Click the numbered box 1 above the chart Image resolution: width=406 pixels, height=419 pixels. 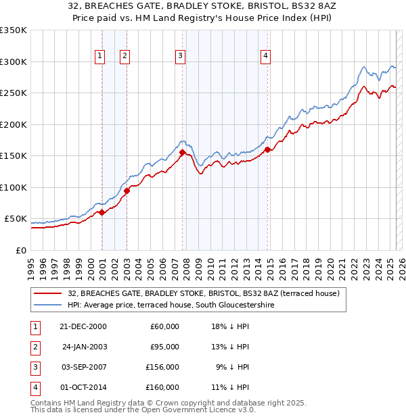[x=99, y=56]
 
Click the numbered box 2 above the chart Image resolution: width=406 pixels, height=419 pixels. [x=125, y=56]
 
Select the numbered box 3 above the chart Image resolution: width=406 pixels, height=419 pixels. [x=181, y=56]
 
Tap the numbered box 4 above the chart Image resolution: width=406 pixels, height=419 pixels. [x=266, y=56]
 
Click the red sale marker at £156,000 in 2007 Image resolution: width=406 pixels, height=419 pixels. [x=182, y=152]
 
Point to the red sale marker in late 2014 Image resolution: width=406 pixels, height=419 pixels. [x=267, y=149]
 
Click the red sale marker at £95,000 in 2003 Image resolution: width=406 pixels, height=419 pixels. [x=127, y=191]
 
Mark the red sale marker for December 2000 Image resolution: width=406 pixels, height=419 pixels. [x=101, y=212]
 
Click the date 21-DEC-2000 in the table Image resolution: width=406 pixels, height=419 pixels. [x=83, y=326]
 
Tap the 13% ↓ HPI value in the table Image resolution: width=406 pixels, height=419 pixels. [x=230, y=347]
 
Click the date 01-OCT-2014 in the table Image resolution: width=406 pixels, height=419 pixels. [x=83, y=387]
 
